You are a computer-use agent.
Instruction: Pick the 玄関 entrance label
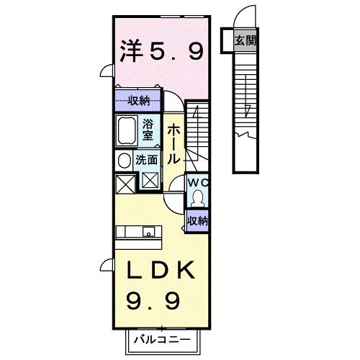245,41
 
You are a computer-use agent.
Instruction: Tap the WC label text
197,183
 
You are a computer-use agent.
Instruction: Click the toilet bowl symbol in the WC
197,197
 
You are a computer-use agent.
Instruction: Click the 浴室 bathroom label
147,129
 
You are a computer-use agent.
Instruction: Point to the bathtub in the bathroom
128,131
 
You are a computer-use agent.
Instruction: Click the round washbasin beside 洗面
123,160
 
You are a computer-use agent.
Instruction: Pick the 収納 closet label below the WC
197,220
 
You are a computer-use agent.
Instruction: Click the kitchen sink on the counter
149,231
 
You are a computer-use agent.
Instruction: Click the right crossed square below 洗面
150,180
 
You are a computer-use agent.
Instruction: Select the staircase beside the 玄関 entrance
245,108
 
